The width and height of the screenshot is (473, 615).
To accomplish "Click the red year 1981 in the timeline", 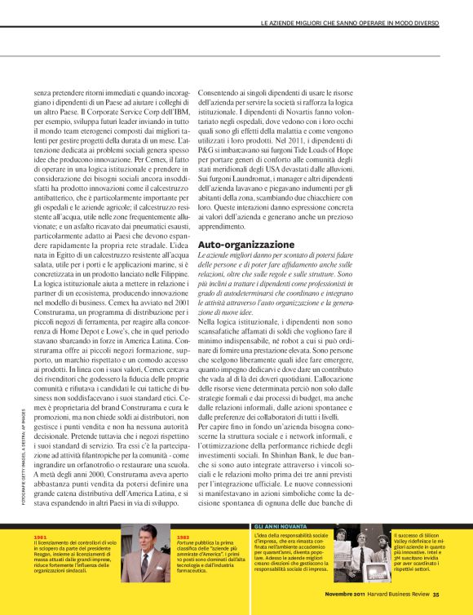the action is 40,538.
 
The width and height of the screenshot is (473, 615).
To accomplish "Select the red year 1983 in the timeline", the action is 182,537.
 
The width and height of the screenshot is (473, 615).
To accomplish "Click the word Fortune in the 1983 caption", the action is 186,542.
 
